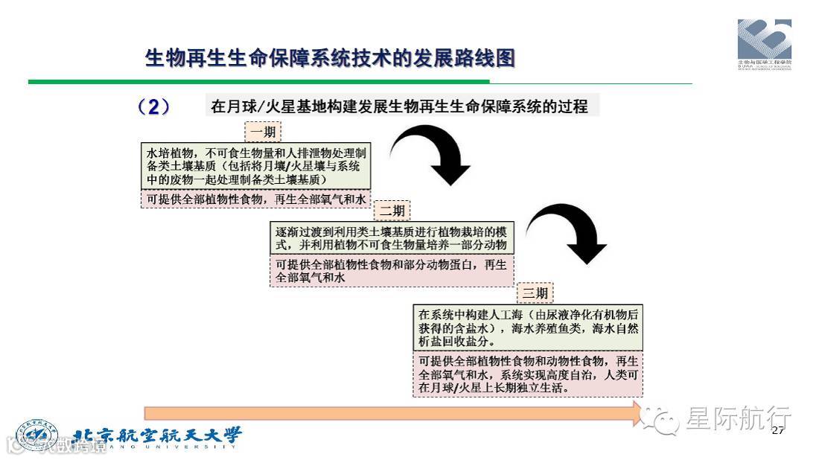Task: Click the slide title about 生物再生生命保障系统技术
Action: (330, 58)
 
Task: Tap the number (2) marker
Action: (154, 107)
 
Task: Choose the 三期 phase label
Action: (535, 293)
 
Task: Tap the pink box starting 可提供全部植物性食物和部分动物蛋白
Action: (392, 271)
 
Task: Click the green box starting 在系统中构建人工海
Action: (527, 328)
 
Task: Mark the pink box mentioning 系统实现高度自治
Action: (527, 374)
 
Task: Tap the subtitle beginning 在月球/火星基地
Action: (400, 106)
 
